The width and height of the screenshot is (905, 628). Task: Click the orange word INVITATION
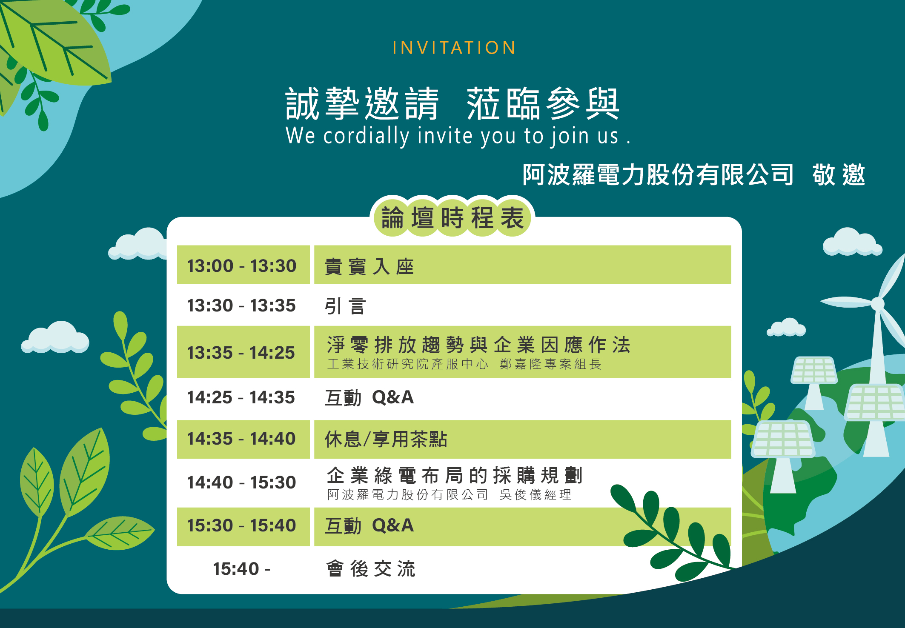point(454,48)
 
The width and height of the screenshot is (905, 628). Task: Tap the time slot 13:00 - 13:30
point(242,265)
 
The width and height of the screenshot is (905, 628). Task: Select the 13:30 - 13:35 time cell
point(241,305)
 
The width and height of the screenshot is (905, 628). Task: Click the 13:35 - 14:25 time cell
point(241,353)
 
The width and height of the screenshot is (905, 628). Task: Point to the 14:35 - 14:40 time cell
point(241,439)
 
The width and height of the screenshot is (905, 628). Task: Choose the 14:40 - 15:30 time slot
point(241,482)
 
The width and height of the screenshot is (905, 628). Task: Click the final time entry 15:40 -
point(241,569)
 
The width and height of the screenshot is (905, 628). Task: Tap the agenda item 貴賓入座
point(369,267)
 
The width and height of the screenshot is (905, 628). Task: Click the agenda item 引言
point(345,306)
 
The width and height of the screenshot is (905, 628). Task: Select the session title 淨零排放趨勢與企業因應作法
point(478,345)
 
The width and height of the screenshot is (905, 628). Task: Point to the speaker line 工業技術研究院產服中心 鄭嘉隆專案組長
point(464,364)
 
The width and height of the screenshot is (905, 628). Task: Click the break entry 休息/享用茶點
point(386,439)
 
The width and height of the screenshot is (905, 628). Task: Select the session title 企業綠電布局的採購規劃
point(455,475)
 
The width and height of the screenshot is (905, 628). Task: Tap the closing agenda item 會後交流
point(371,569)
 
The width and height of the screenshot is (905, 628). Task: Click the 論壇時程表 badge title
point(452,218)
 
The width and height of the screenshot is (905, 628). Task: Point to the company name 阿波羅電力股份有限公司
point(658,175)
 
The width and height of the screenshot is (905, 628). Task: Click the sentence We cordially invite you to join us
point(458,136)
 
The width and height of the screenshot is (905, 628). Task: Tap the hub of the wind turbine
point(878,303)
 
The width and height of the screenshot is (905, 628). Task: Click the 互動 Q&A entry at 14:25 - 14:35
point(369,397)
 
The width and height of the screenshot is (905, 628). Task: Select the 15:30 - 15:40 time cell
point(241,525)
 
